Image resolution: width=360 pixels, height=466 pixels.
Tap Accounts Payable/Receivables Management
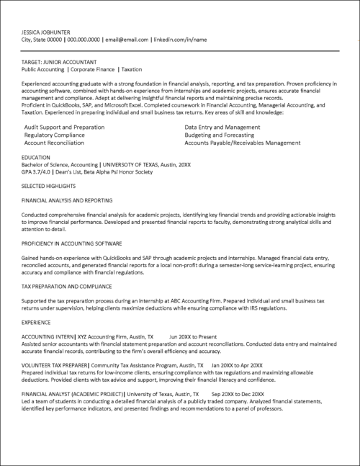[242, 143]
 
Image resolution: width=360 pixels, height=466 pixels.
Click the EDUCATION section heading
[36, 156]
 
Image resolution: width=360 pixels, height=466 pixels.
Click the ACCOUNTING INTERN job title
[47, 336]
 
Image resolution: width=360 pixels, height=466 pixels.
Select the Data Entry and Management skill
[222, 127]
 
